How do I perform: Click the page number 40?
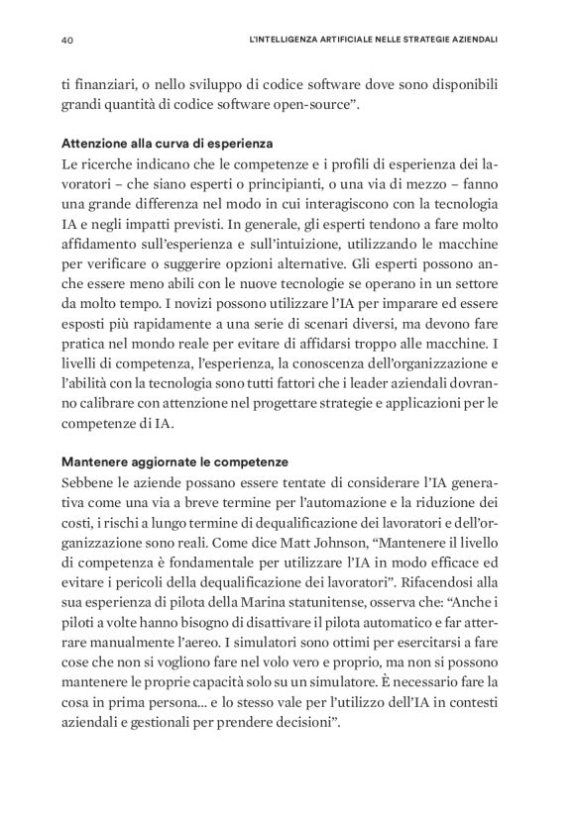point(68,41)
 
